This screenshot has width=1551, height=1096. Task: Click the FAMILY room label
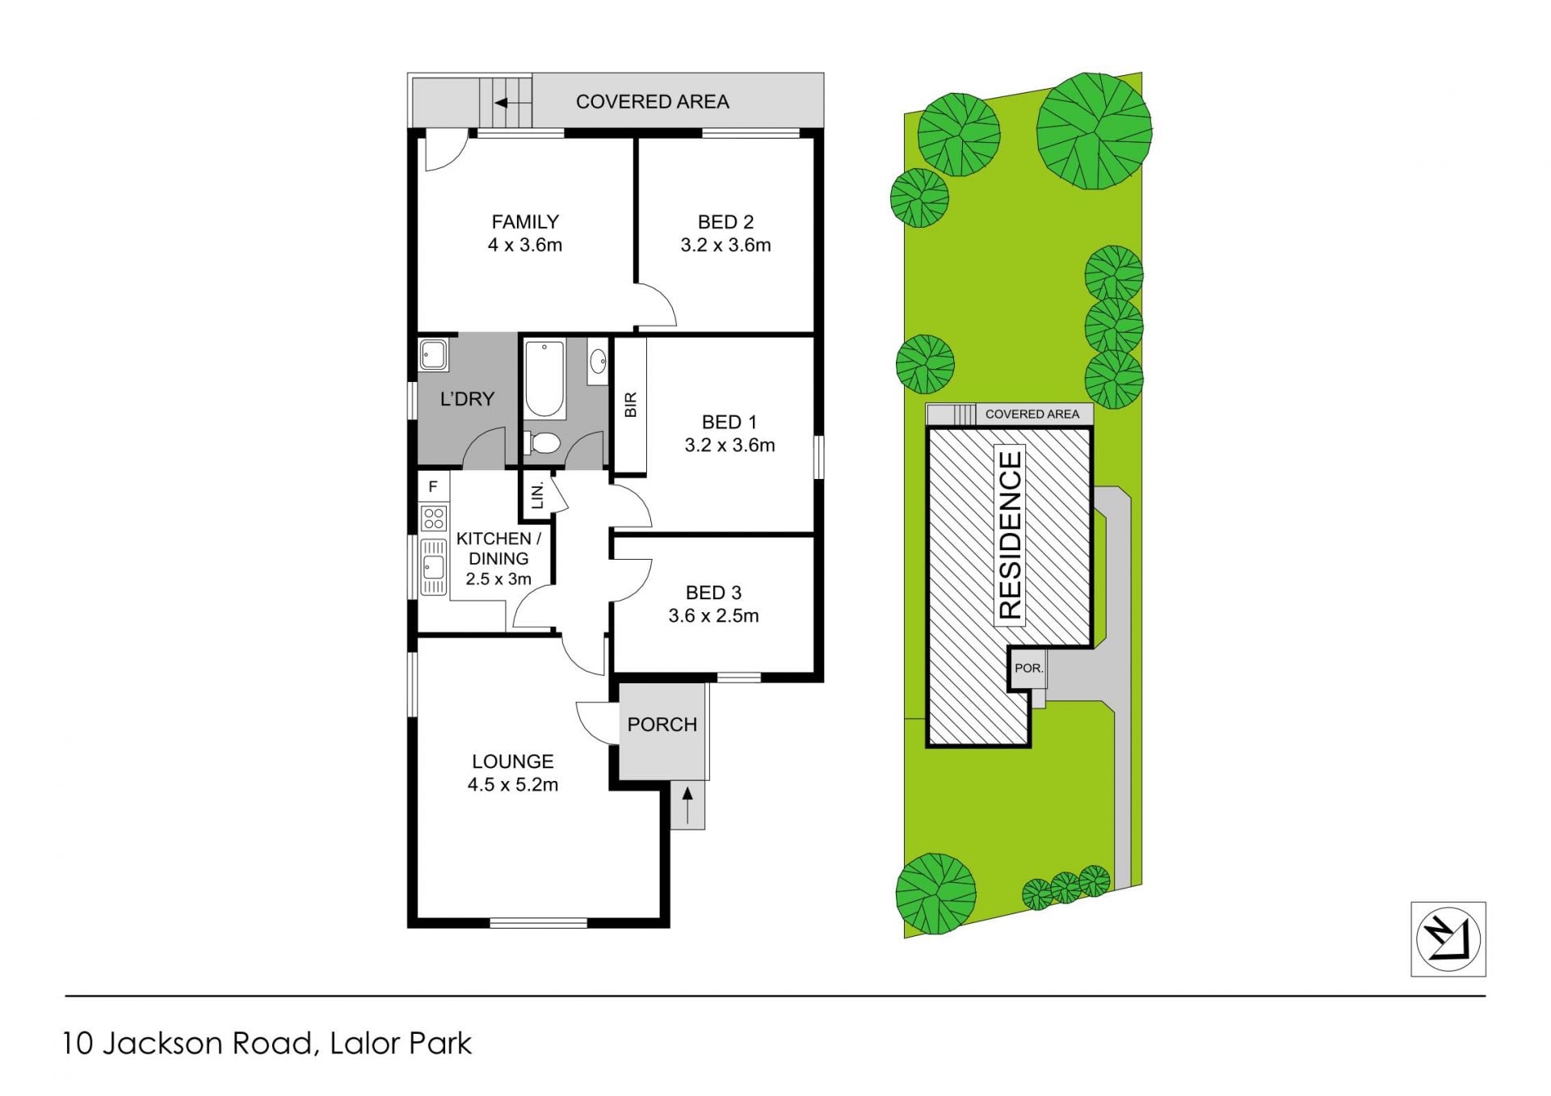(x=525, y=221)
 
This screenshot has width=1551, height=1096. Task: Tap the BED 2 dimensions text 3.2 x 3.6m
(x=725, y=245)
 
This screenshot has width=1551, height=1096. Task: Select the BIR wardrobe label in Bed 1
(x=631, y=405)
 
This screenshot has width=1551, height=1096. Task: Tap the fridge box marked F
(x=433, y=486)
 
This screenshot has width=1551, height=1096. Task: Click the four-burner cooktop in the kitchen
(x=434, y=518)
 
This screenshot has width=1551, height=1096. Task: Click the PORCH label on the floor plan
(x=662, y=724)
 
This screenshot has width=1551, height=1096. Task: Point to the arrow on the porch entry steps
(x=687, y=805)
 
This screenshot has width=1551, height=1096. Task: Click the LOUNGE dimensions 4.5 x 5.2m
(x=513, y=784)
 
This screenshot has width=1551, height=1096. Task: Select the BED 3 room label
(x=713, y=593)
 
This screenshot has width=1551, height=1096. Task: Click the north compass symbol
(x=1448, y=939)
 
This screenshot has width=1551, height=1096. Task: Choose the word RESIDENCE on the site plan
(x=1011, y=535)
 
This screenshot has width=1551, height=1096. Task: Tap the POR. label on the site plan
(x=1029, y=669)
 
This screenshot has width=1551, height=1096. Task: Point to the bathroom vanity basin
(x=598, y=361)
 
